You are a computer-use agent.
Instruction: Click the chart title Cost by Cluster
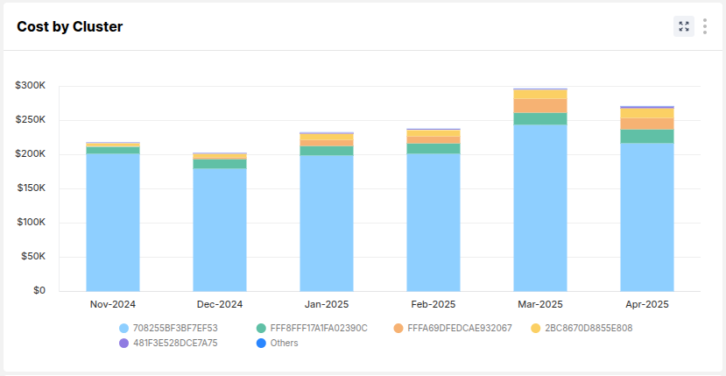point(70,27)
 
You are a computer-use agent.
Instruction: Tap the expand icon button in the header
point(684,26)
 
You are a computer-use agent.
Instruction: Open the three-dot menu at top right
point(705,26)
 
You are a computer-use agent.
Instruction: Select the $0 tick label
point(39,291)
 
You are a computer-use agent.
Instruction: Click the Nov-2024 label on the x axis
point(113,305)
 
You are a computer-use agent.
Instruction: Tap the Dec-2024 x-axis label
point(220,305)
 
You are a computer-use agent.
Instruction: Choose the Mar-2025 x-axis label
point(540,305)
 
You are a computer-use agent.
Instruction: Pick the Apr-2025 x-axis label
point(647,305)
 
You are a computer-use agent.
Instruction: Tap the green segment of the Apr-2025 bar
point(647,136)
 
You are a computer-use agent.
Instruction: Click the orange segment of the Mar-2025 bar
point(540,105)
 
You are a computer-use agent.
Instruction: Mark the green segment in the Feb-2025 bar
point(433,148)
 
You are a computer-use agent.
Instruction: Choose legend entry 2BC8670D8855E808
point(588,329)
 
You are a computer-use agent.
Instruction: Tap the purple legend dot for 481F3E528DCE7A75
point(124,344)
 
